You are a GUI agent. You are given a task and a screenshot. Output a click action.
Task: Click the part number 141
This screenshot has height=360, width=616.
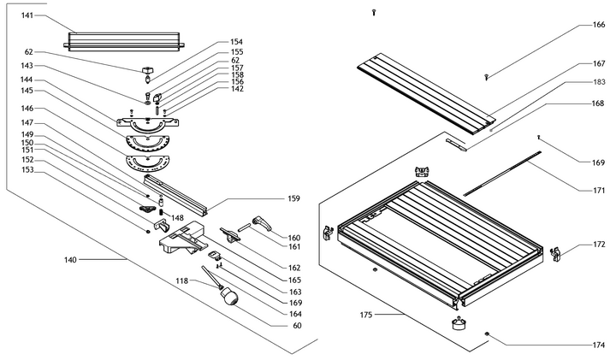tap(27, 15)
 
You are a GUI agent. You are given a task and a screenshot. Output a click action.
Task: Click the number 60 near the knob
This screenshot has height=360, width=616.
tap(297, 325)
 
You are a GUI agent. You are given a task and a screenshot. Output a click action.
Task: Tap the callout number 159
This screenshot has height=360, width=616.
tap(293, 199)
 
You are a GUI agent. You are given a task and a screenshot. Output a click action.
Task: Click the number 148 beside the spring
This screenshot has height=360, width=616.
tap(177, 217)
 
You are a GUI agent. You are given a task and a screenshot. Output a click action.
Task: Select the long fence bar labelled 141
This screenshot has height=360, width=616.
tap(124, 39)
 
